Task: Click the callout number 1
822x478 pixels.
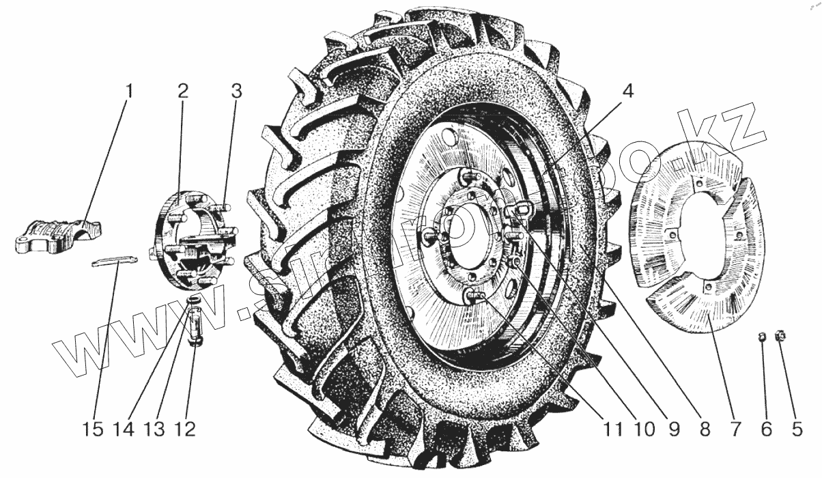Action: point(130,91)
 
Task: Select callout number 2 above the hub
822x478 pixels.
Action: point(183,91)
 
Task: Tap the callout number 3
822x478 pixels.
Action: point(236,91)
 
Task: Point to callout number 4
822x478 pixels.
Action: point(627,91)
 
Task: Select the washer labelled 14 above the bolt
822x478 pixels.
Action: point(194,300)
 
